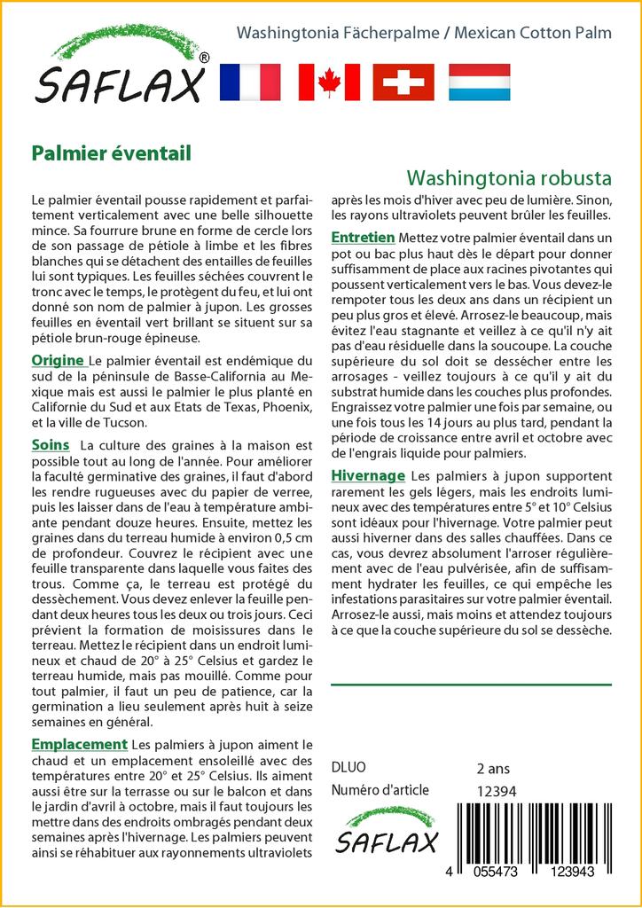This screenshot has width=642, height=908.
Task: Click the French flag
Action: (x=249, y=82)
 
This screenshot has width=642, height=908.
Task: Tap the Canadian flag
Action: (x=329, y=82)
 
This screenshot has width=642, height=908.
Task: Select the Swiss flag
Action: (x=403, y=82)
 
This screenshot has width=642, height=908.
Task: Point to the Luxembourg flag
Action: (x=479, y=82)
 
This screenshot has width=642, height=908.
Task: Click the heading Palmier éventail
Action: (x=111, y=153)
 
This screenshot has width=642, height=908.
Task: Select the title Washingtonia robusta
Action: (x=509, y=176)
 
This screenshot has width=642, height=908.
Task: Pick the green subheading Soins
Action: (x=51, y=442)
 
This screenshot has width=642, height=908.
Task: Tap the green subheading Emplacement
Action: (x=79, y=744)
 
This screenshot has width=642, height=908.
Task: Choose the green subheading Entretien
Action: (x=363, y=238)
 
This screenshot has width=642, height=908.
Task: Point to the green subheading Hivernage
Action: (x=368, y=475)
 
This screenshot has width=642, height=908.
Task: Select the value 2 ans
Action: (x=493, y=768)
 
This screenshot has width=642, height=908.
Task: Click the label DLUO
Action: (x=348, y=768)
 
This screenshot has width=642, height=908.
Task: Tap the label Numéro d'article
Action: (x=380, y=790)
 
